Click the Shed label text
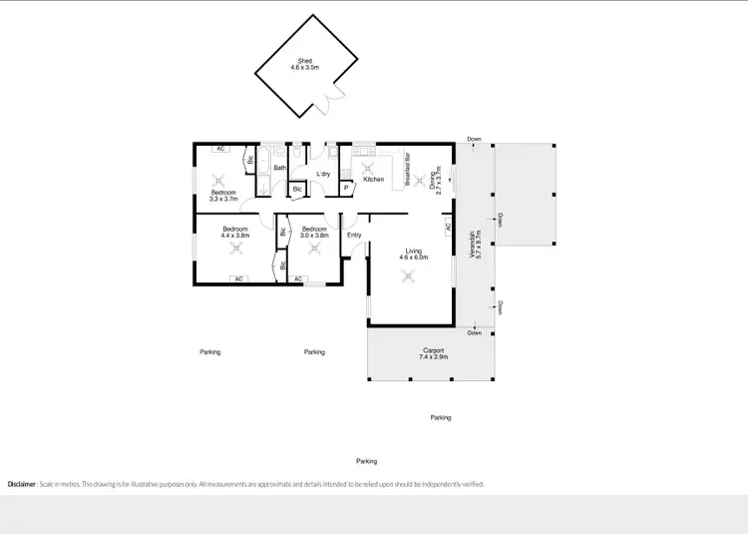tap(304, 63)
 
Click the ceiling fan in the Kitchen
tap(366, 167)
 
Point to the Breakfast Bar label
tap(408, 169)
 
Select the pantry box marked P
tap(346, 187)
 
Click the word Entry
tap(354, 236)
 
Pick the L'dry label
tap(323, 175)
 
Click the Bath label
tap(280, 168)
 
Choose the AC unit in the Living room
tap(449, 228)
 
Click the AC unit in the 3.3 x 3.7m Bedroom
tap(220, 149)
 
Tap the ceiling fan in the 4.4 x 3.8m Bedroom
tap(236, 251)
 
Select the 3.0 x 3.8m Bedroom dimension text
tap(315, 236)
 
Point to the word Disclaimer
tap(23, 484)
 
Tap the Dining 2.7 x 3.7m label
tap(435, 181)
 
